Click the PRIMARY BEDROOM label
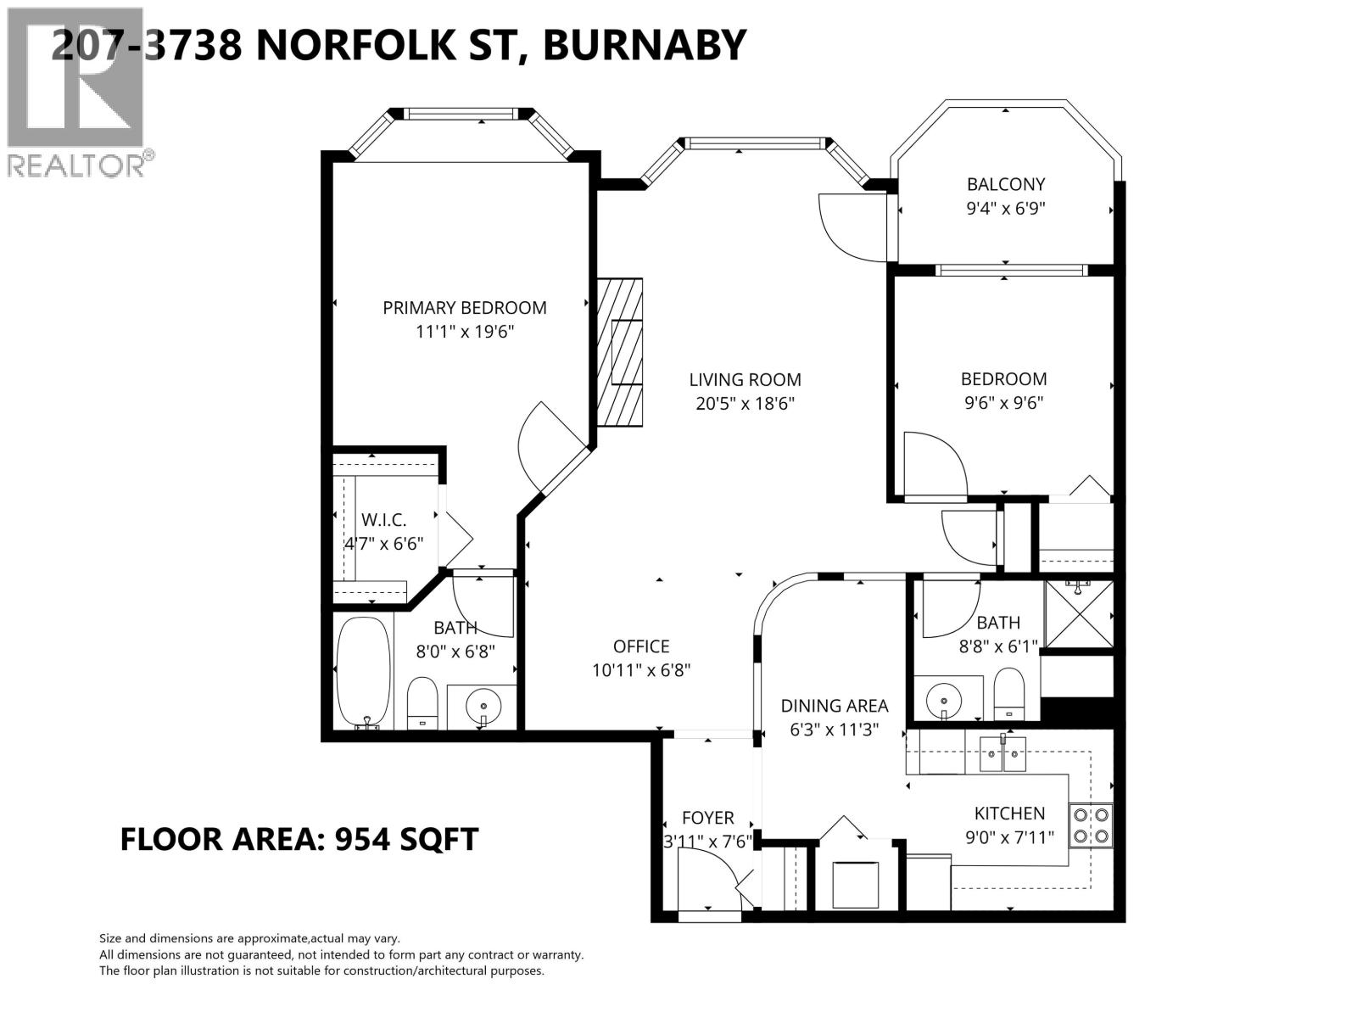pyautogui.click(x=464, y=308)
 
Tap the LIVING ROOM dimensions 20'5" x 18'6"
pyautogui.click(x=745, y=404)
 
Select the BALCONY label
pyautogui.click(x=1006, y=184)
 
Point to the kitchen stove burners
pyautogui.click(x=1091, y=825)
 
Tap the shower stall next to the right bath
pyautogui.click(x=1077, y=613)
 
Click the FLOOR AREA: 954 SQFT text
pyautogui.click(x=299, y=839)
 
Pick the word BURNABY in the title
pyautogui.click(x=644, y=45)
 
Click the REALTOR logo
pyautogui.click(x=76, y=93)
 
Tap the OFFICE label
pyautogui.click(x=641, y=646)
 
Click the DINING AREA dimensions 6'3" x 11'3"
pyautogui.click(x=835, y=730)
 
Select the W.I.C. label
pyautogui.click(x=383, y=520)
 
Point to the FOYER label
pyautogui.click(x=707, y=818)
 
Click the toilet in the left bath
pyautogui.click(x=422, y=702)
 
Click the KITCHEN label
pyautogui.click(x=1009, y=813)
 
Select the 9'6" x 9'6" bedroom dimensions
pyautogui.click(x=1003, y=403)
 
